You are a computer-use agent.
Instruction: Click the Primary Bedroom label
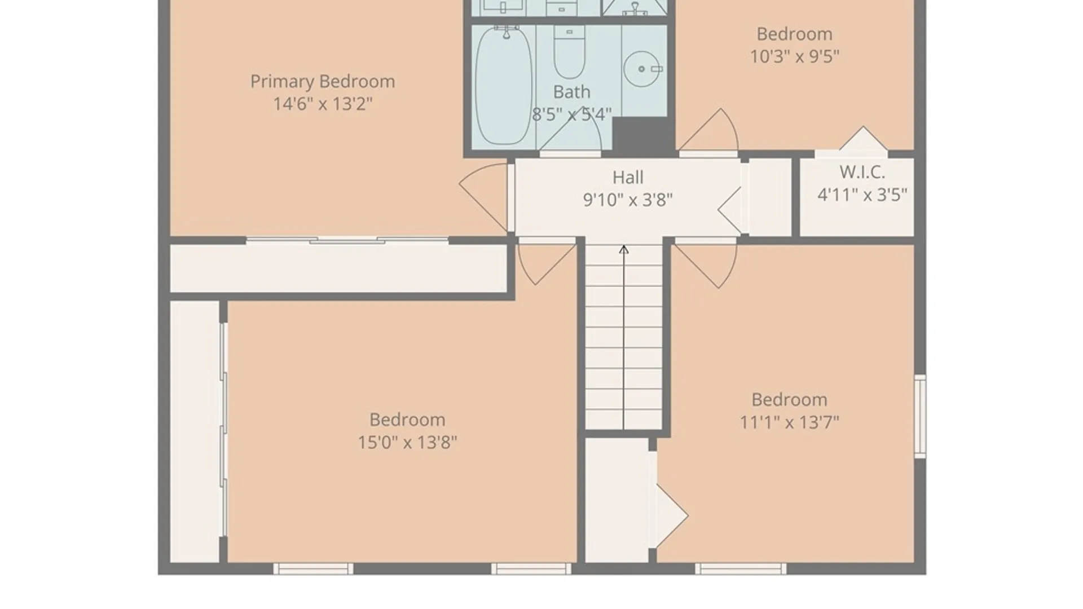(x=322, y=81)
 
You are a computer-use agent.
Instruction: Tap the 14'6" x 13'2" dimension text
(x=322, y=104)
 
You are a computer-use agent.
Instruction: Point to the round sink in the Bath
(x=641, y=69)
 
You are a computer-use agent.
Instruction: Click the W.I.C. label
(x=861, y=171)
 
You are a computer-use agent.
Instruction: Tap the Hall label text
(x=627, y=177)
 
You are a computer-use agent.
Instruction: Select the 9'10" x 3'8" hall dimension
(x=627, y=200)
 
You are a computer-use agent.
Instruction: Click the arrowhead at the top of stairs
(x=623, y=249)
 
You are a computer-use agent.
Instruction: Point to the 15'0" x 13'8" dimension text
(x=407, y=442)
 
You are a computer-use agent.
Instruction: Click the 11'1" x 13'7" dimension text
(x=789, y=422)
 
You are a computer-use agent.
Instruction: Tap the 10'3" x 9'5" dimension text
(x=794, y=56)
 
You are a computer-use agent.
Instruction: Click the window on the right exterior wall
(x=920, y=416)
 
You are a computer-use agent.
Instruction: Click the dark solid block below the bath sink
(x=643, y=136)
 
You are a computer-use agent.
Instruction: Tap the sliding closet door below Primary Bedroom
(x=347, y=241)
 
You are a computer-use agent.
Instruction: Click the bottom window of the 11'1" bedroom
(x=740, y=568)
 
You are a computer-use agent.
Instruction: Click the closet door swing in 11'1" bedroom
(x=671, y=515)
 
